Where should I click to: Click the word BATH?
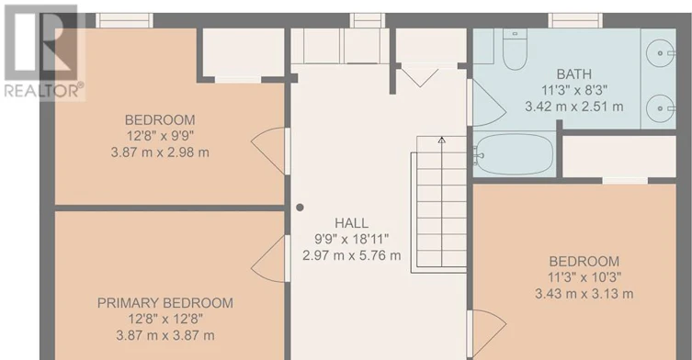coord(573,74)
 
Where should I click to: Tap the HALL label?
coord(351,223)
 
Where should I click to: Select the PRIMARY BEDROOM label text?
coord(165,303)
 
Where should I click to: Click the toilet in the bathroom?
coord(515,50)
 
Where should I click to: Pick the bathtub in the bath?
coord(514,154)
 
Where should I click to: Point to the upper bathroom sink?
coord(661,53)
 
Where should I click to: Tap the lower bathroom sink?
coord(661,108)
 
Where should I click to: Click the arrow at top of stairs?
coord(441,141)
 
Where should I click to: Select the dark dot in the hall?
coord(300,208)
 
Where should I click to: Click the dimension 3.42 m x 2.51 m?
coord(573,107)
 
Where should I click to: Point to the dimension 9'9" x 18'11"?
coord(351,239)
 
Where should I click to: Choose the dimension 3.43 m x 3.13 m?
coord(584,294)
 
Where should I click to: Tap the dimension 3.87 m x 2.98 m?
coord(160,152)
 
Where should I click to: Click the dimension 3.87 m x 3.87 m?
coord(165,335)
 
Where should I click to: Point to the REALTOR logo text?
coord(44,90)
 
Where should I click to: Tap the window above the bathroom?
coord(575,20)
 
